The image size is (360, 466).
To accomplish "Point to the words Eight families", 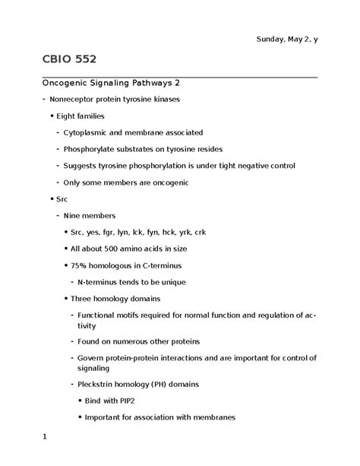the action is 80,116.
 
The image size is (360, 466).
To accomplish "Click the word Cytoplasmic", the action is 91,132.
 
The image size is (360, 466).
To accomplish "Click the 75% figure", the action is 79,266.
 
